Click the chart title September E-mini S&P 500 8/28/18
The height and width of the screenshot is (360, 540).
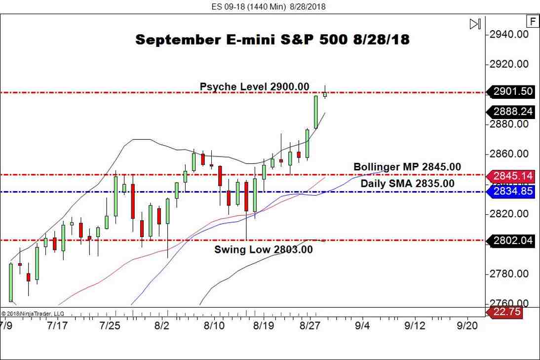(272, 40)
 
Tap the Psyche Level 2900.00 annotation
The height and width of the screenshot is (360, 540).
(254, 87)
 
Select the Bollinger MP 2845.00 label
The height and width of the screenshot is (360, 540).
(407, 167)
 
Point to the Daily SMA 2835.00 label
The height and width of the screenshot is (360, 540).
(407, 184)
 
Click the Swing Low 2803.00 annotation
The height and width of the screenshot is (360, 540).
(263, 250)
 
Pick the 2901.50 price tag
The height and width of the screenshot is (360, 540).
(512, 91)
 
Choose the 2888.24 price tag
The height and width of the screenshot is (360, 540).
(512, 112)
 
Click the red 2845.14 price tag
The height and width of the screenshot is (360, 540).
(512, 176)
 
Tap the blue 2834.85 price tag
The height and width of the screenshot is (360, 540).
(512, 191)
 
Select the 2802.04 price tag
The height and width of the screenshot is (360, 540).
(512, 240)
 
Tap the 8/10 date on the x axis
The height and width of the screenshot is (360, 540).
(214, 325)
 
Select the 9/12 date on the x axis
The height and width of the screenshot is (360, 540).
(415, 325)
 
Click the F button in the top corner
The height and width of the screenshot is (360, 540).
(533, 21)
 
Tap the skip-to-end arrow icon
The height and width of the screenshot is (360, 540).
(475, 24)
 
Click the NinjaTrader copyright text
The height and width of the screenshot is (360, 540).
(33, 314)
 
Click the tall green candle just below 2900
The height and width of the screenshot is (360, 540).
(316, 112)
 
